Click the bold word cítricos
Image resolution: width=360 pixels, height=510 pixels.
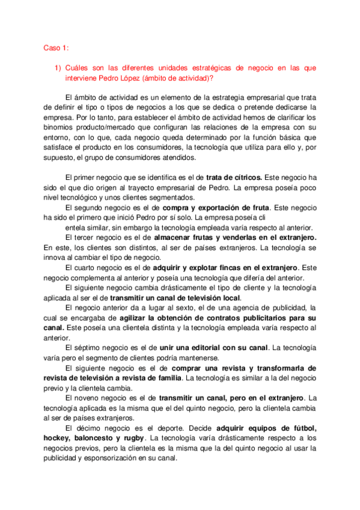tap(243, 178)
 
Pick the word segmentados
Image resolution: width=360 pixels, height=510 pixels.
tap(174, 198)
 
